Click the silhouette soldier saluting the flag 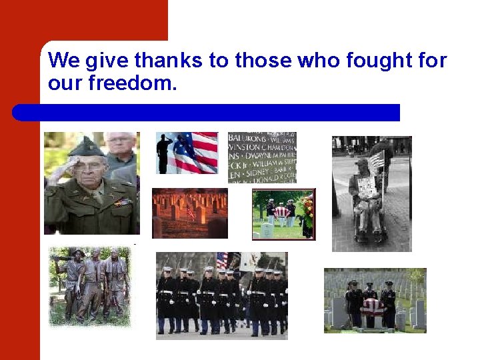point(165,151)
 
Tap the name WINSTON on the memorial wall point(246,147)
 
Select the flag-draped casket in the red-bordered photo point(282,212)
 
